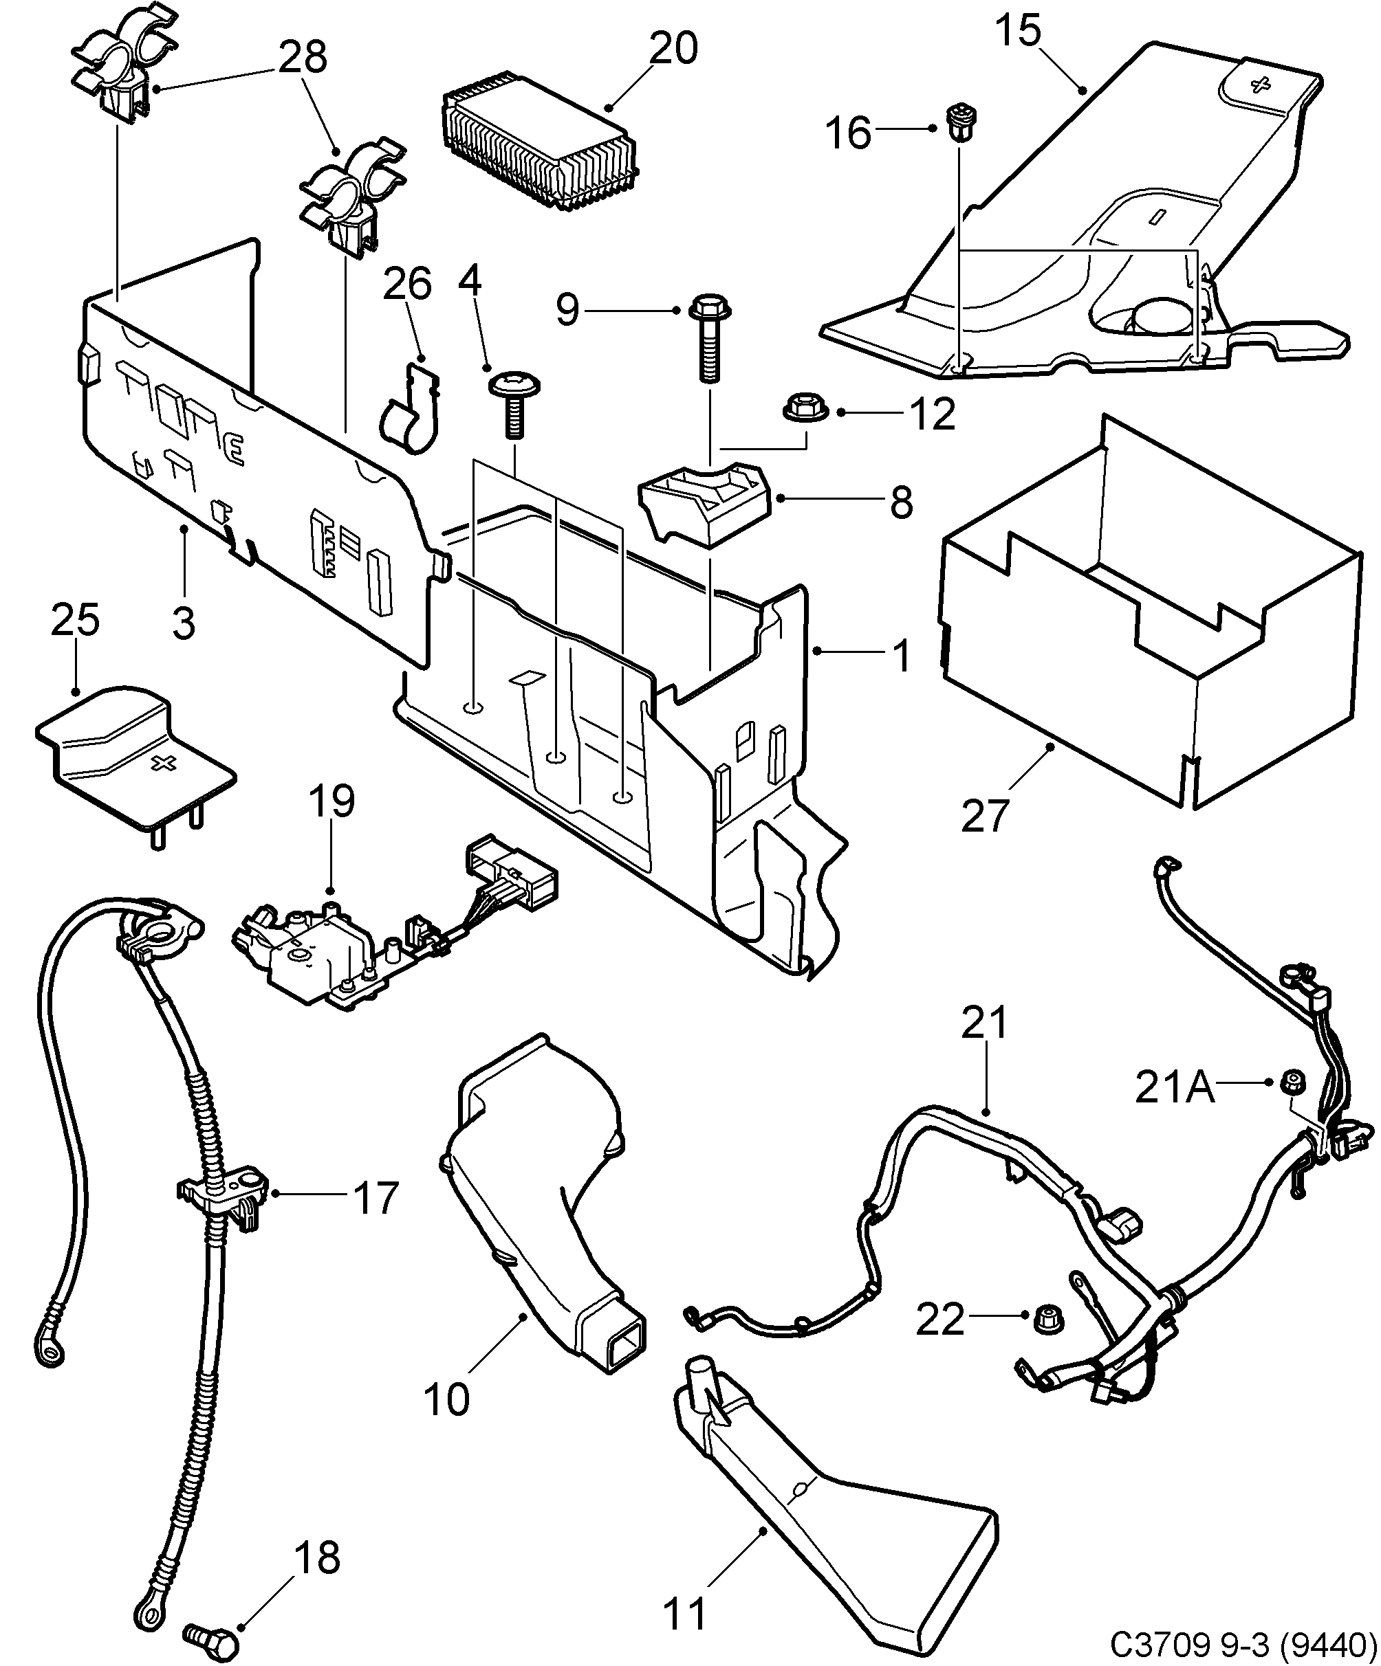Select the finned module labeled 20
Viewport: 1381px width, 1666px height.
[x=540, y=151]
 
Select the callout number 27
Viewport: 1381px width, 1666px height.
[x=984, y=816]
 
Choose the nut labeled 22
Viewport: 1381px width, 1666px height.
[x=1048, y=1320]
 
